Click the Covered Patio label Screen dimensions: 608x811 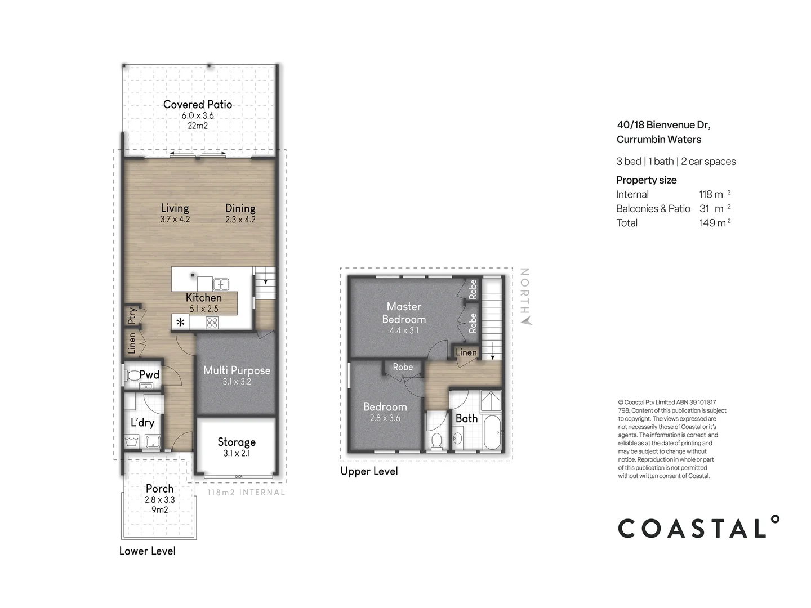click(197, 104)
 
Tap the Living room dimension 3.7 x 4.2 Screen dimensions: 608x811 click(175, 219)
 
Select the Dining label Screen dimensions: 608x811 click(240, 208)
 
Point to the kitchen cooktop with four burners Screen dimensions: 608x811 click(212, 323)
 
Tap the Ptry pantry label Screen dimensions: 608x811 click(132, 316)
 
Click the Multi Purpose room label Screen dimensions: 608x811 click(237, 370)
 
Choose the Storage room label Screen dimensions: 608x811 click(237, 442)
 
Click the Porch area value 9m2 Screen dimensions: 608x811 click(159, 510)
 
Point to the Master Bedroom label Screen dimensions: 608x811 click(404, 312)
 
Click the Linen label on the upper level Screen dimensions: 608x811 click(466, 352)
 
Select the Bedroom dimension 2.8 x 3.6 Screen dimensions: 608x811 click(385, 418)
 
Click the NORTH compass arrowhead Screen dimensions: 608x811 click(525, 321)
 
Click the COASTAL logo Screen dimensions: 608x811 click(698, 528)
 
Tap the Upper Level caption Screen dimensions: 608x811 click(369, 471)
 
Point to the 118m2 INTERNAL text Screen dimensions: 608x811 click(246, 492)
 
